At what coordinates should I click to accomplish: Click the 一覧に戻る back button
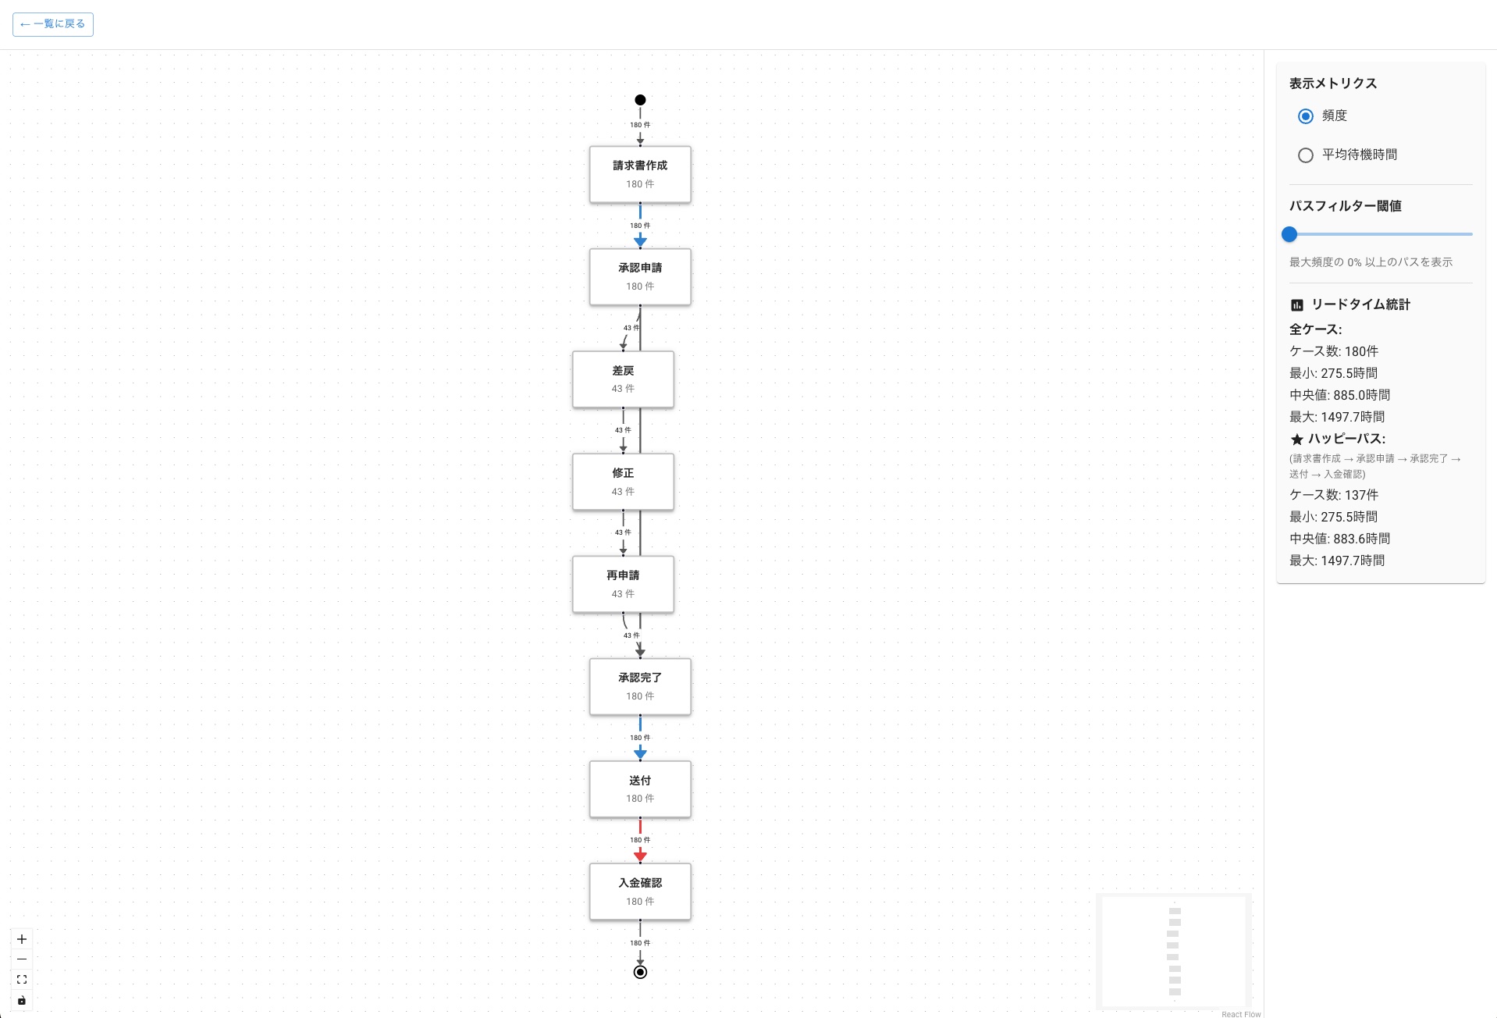pyautogui.click(x=53, y=24)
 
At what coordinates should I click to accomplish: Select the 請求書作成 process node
pyautogui.click(x=640, y=174)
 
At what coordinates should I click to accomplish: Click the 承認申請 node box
pyautogui.click(x=640, y=276)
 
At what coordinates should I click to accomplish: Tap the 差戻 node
pyautogui.click(x=623, y=379)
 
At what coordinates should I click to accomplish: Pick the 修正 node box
pyautogui.click(x=623, y=482)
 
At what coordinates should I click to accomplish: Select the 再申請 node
pyautogui.click(x=623, y=584)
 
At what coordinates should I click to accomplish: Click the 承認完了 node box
pyautogui.click(x=640, y=686)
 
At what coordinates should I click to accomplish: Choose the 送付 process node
pyautogui.click(x=640, y=788)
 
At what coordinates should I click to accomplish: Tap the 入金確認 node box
pyautogui.click(x=640, y=891)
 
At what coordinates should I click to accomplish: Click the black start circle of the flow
pyautogui.click(x=640, y=100)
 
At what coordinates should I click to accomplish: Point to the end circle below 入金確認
pyautogui.click(x=640, y=972)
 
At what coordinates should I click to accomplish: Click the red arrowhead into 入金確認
pyautogui.click(x=640, y=856)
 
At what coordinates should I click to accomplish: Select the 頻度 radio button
pyautogui.click(x=1306, y=116)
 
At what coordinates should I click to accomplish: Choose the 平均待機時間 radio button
pyautogui.click(x=1306, y=155)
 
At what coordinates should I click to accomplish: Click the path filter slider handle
pyautogui.click(x=1289, y=234)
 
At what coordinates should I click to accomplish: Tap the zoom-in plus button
pyautogui.click(x=22, y=939)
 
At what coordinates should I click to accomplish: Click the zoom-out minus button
pyautogui.click(x=22, y=959)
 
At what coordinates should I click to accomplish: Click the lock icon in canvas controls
pyautogui.click(x=22, y=1000)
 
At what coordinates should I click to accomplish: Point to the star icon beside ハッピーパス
pyautogui.click(x=1297, y=440)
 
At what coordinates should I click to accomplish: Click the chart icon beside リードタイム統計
pyautogui.click(x=1297, y=305)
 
